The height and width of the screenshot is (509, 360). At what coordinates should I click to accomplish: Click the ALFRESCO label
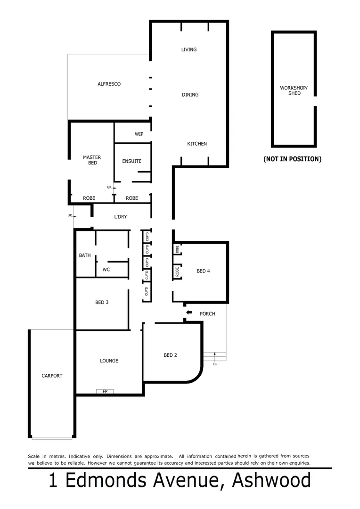coord(109,84)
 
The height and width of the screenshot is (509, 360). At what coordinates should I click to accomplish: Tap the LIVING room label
coord(188,49)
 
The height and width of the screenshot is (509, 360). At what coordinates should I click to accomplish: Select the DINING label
coord(190,95)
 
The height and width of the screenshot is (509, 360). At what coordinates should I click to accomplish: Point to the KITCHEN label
coord(197,144)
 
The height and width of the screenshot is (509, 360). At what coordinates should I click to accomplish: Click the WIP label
coord(139,134)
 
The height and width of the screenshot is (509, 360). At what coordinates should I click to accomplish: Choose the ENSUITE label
coord(131,161)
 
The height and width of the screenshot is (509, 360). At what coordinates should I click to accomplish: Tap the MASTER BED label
coord(92,160)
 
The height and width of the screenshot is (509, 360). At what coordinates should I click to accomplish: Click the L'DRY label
coord(121,217)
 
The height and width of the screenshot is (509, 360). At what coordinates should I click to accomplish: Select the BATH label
coord(85,255)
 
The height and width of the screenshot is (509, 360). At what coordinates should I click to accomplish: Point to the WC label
coord(106,270)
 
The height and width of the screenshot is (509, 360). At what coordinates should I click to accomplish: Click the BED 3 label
coord(102,303)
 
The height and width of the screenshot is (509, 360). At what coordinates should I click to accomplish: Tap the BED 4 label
coord(203,271)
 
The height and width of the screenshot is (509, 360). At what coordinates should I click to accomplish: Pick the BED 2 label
coord(170,355)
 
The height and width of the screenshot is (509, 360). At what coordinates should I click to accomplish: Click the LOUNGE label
coord(109,361)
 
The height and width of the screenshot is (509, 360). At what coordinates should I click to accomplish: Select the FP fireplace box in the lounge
coord(105,391)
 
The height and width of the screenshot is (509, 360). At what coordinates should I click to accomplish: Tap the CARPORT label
coord(52,376)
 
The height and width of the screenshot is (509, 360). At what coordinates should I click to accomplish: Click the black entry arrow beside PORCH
coord(189,312)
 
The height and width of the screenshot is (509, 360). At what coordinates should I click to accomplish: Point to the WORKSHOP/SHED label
coord(293,90)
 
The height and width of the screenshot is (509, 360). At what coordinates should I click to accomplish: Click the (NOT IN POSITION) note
coord(292,159)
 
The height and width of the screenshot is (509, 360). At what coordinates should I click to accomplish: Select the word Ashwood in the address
coord(272,481)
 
